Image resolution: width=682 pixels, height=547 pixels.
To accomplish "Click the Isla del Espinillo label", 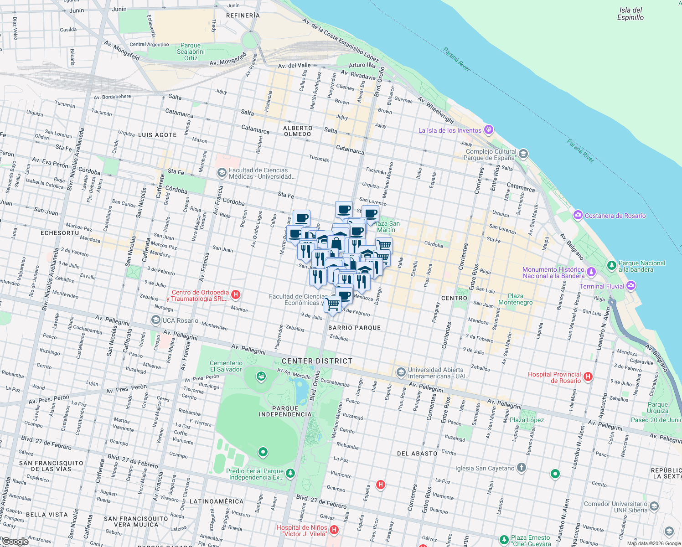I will tap(630, 14).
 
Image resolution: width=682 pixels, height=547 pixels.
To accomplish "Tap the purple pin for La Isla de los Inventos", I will tap(489, 130).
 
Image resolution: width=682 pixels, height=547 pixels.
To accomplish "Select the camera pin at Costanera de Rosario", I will tap(578, 215).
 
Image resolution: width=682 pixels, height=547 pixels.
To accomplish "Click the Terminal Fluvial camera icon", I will tap(631, 286).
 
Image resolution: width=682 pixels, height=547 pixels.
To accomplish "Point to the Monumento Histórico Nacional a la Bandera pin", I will tap(591, 272).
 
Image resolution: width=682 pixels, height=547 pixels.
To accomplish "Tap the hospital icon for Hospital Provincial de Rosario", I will tap(588, 377).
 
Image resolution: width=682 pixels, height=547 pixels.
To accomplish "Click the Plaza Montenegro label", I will tap(515, 299).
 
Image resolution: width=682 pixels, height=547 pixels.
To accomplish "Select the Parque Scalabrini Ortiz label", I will tap(191, 52).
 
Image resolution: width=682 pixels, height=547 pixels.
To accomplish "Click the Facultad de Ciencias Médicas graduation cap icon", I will tap(222, 173).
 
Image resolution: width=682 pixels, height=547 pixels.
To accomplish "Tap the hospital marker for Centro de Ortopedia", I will tap(236, 295).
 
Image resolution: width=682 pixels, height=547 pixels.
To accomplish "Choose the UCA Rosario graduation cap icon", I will tap(156, 320).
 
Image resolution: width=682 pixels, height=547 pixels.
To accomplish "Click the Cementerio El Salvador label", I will tap(226, 366).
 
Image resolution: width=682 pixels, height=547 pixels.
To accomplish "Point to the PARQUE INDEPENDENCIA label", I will tap(285, 411).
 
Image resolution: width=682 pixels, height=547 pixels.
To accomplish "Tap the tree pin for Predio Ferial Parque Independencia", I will tap(290, 474).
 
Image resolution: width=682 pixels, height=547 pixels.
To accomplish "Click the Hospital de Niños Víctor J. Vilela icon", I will tap(334, 530).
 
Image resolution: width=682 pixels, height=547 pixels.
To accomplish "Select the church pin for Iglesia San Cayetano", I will tap(522, 468).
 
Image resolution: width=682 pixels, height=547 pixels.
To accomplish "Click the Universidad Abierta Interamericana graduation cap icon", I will tap(401, 372).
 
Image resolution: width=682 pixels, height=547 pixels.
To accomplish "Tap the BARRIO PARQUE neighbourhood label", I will tap(354, 328).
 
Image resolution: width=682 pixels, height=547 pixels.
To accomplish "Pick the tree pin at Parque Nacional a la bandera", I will tap(611, 265).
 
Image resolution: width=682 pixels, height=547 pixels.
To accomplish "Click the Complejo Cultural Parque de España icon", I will tap(523, 154).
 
